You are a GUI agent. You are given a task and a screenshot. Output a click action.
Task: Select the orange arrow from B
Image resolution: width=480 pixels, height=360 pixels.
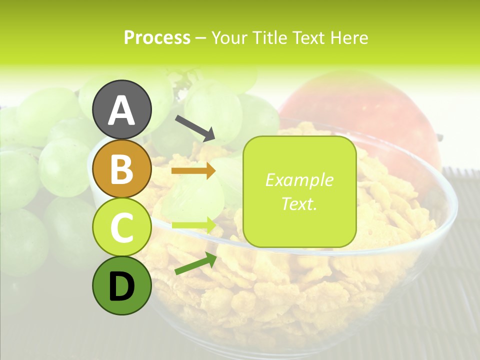pyautogui.click(x=193, y=171)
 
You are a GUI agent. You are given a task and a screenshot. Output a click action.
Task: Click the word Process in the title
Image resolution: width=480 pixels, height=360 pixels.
pyautogui.click(x=157, y=38)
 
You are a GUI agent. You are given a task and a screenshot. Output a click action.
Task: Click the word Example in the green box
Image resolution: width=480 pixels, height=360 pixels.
pyautogui.click(x=299, y=180)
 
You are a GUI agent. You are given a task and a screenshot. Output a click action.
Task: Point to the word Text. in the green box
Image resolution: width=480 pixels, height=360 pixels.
pyautogui.click(x=299, y=203)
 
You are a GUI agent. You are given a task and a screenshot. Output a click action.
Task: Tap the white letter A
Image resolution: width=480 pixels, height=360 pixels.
pyautogui.click(x=122, y=110)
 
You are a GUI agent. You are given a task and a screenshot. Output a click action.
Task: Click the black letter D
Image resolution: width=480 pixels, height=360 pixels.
pyautogui.click(x=122, y=286)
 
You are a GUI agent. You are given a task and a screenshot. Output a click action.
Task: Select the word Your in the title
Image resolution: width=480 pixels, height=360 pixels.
pyautogui.click(x=229, y=38)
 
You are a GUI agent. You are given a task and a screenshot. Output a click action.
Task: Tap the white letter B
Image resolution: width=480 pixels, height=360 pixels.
pyautogui.click(x=122, y=168)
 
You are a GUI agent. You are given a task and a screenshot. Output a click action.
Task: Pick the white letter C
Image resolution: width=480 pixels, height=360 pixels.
pyautogui.click(x=122, y=227)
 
